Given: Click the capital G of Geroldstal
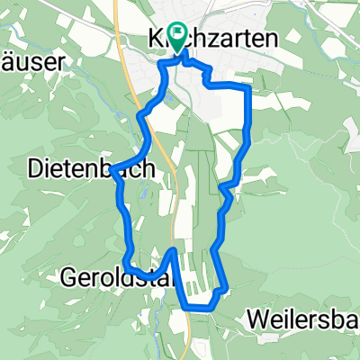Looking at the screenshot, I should tap(71, 277).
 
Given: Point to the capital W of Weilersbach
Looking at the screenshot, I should tap(256, 321).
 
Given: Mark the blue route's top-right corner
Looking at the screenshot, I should tap(247, 86).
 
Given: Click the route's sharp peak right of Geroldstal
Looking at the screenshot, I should tap(174, 249).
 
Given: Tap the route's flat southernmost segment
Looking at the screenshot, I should tap(200, 307).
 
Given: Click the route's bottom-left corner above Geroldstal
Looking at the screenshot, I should tap(127, 267).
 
